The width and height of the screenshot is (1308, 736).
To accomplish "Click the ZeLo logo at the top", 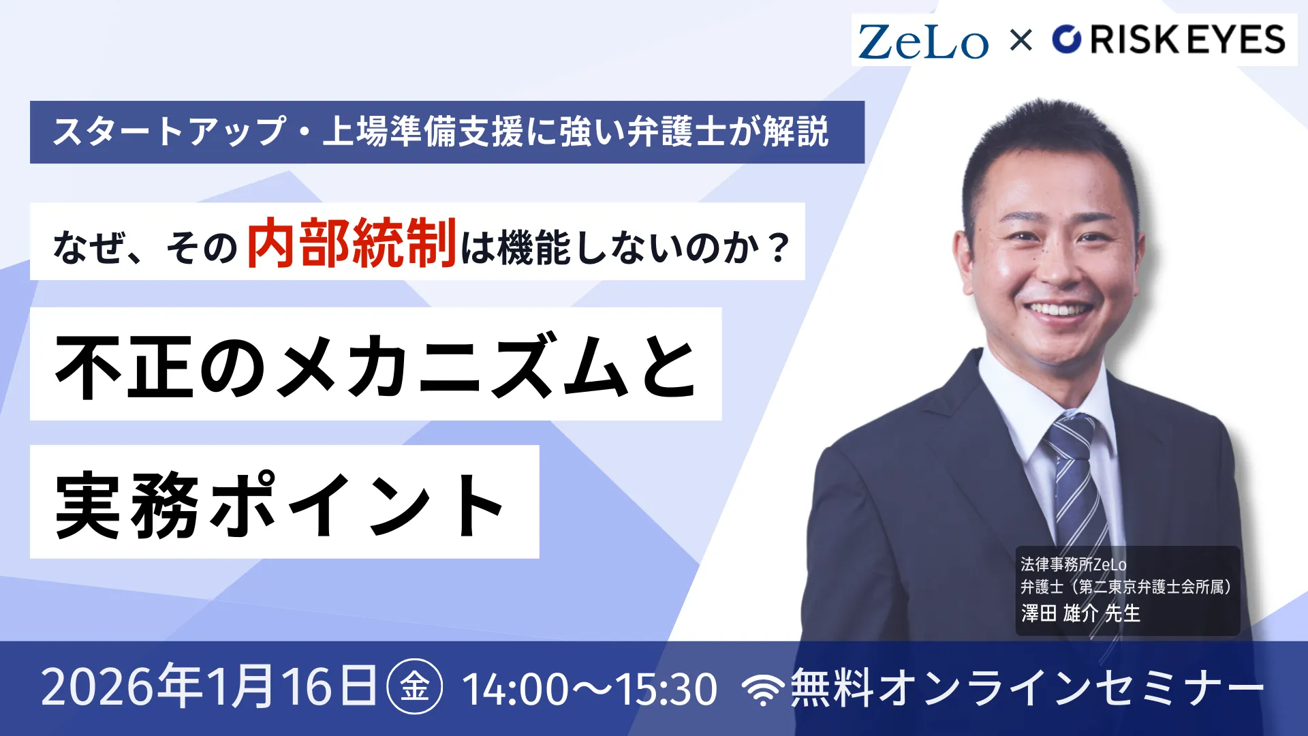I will click(x=922, y=42).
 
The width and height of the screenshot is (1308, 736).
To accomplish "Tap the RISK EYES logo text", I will click(x=1187, y=40).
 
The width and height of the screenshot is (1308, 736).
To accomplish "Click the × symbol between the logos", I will click(x=1021, y=40).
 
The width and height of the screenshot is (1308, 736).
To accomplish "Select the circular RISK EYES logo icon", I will click(x=1067, y=40).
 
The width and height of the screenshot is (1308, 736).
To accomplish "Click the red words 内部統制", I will click(x=352, y=243).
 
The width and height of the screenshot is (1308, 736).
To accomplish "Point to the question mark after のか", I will click(x=777, y=248).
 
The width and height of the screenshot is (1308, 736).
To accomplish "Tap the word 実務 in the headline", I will click(x=127, y=504).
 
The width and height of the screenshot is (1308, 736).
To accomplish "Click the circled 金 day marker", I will click(x=414, y=686).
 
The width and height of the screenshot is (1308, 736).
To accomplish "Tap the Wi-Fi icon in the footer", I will click(x=763, y=690).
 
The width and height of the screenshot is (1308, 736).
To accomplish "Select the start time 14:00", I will click(x=515, y=688).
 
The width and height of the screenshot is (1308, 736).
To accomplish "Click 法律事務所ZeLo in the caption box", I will click(x=1073, y=564).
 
